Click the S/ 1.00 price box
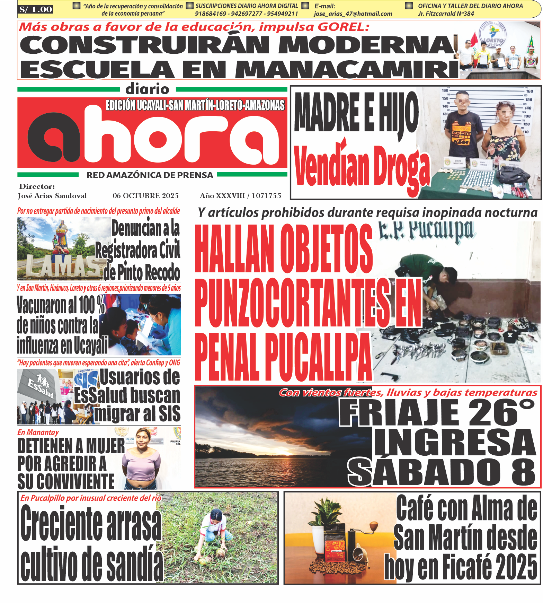(x=36, y=9)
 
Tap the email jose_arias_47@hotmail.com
(x=353, y=14)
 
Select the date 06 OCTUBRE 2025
(x=145, y=196)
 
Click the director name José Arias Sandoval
(x=52, y=196)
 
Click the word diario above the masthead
(x=148, y=89)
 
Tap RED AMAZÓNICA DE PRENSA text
(x=150, y=175)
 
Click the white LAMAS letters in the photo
(x=62, y=267)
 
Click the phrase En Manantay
(x=38, y=432)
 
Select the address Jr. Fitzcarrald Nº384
(x=446, y=14)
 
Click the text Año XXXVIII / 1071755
(x=240, y=196)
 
